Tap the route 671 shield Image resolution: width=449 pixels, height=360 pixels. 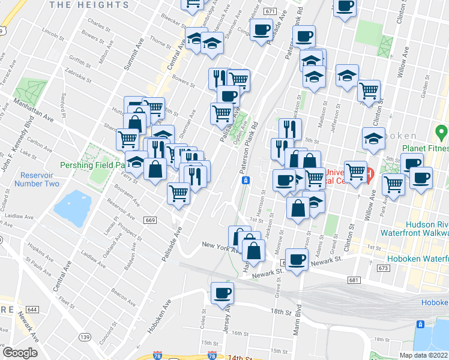click(270, 12)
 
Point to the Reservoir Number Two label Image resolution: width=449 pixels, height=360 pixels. click(31, 179)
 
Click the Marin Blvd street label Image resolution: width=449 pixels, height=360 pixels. click(297, 332)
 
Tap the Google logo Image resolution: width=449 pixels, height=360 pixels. click(20, 352)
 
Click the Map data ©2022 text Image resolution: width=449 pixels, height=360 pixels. click(424, 355)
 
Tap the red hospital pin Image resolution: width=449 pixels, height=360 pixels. click(370, 176)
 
